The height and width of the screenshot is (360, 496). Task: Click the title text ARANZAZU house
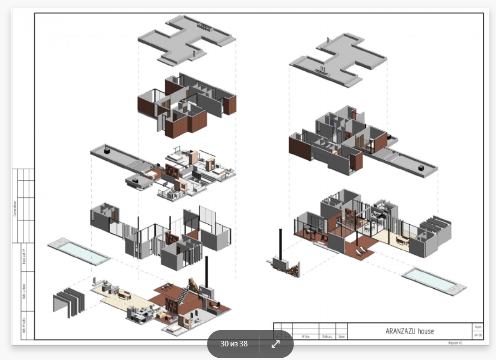point(409,331)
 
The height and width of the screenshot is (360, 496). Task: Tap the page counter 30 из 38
point(234,344)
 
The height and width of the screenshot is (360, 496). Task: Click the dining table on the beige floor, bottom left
point(123,295)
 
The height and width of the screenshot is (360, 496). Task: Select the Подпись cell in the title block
point(327,337)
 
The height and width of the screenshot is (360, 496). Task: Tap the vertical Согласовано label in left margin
point(15,208)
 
